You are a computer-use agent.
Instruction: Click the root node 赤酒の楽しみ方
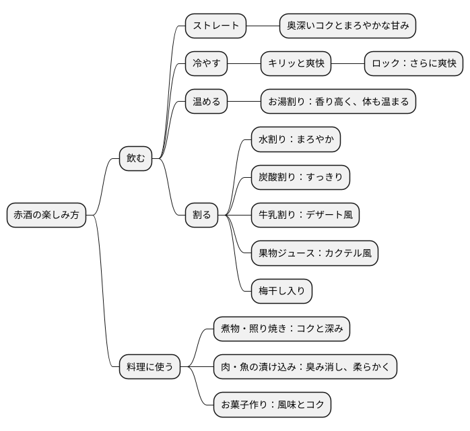[46, 215]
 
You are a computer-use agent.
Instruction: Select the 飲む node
[135, 158]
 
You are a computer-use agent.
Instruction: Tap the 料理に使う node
[149, 367]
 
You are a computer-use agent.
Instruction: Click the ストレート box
[216, 26]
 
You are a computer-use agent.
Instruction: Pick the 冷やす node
[207, 64]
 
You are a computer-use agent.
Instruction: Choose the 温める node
[207, 102]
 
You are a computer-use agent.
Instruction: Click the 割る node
[202, 215]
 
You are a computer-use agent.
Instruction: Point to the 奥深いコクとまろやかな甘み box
[348, 26]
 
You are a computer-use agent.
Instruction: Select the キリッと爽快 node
[296, 64]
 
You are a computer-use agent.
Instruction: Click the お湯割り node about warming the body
[339, 102]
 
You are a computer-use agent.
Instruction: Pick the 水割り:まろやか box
[296, 139]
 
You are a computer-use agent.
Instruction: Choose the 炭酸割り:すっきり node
[301, 177]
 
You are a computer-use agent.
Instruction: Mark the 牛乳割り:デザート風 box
[306, 215]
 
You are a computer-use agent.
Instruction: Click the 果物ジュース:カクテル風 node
[315, 253]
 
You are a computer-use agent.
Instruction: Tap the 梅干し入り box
[282, 291]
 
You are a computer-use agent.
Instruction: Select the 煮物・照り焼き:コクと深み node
[282, 329]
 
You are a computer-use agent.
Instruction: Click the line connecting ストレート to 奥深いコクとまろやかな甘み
[263, 26]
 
